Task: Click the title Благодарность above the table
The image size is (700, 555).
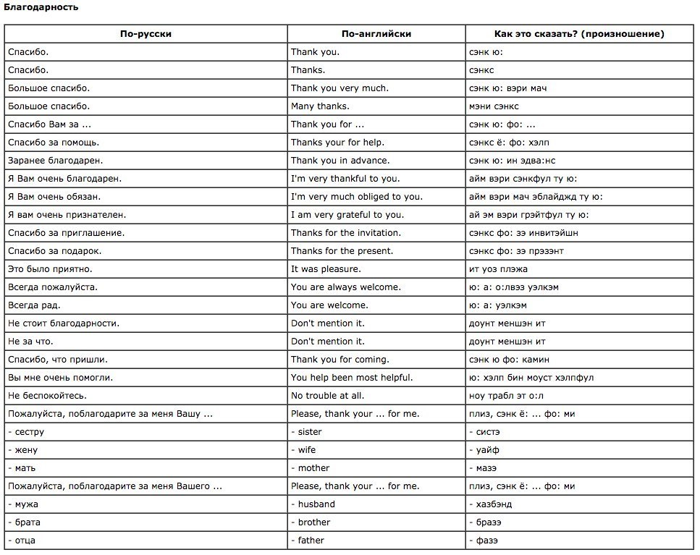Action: click(x=41, y=7)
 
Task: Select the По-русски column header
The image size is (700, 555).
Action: click(x=146, y=34)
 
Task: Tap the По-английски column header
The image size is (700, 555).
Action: click(x=376, y=34)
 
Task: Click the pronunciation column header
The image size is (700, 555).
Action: click(x=578, y=34)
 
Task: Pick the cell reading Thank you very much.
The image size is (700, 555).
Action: click(x=340, y=88)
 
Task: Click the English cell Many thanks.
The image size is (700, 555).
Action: click(x=320, y=106)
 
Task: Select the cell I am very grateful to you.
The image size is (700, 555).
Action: click(x=347, y=215)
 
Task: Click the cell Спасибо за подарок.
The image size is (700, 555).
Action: click(x=54, y=251)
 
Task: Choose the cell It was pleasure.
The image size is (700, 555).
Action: click(x=326, y=269)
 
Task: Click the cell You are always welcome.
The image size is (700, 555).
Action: click(x=345, y=287)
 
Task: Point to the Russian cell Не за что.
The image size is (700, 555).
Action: click(x=30, y=342)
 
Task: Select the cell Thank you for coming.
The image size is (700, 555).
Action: click(x=340, y=360)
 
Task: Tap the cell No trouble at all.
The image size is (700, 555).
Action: click(x=327, y=396)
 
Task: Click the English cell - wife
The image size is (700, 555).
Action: click(x=304, y=450)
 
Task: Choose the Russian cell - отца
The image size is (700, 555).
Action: click(x=22, y=541)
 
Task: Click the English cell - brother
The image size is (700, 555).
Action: click(x=311, y=522)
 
